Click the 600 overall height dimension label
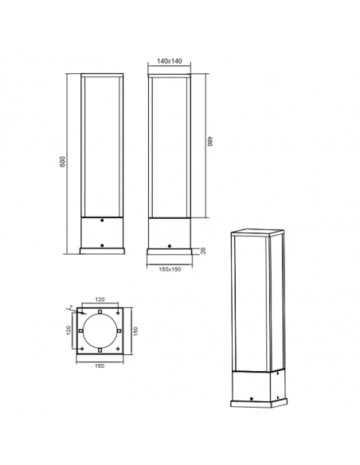point(62,162)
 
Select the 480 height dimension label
point(209,143)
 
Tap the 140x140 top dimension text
point(169,61)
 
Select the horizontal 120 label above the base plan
point(100,300)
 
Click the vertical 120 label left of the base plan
point(68,329)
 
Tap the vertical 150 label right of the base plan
point(135,330)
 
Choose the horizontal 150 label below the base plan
point(99,366)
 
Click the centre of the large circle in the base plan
point(100,330)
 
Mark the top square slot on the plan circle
point(100,312)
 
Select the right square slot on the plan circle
point(118,330)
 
